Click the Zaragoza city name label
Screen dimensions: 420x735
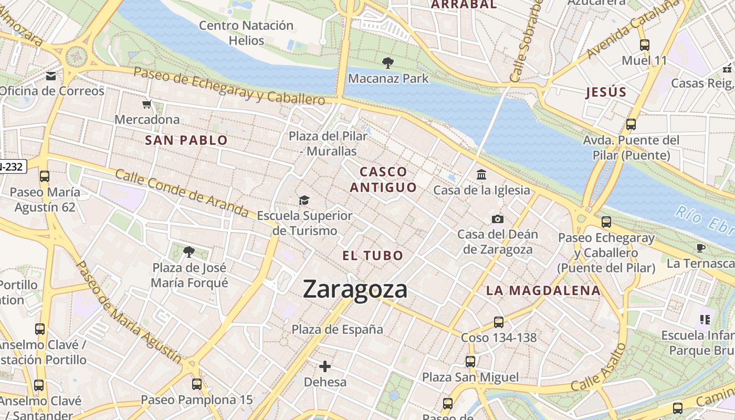coord(355,289)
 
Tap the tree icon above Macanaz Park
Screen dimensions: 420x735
coord(388,63)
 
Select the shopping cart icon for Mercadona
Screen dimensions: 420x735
coord(147,104)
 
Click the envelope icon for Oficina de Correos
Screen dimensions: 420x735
coord(51,76)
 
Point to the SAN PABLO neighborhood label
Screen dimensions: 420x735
coord(186,140)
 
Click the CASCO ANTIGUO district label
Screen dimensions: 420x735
coord(383,179)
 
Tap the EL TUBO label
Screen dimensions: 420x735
coord(373,256)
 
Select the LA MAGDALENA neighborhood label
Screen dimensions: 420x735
coord(543,290)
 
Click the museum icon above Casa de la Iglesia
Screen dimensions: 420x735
coord(481,174)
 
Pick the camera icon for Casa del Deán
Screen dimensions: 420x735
coord(498,219)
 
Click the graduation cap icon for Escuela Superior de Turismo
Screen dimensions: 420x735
coord(304,200)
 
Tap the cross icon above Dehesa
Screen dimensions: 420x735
coord(325,366)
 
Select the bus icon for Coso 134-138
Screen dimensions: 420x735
coord(499,322)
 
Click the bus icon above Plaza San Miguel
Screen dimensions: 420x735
coord(470,361)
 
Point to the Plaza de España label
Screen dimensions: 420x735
coord(337,330)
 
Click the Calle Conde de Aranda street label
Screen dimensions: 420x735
coord(181,193)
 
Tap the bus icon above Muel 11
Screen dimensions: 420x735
coord(644,45)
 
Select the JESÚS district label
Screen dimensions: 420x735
coord(606,92)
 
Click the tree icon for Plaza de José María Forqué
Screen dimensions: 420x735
coord(189,252)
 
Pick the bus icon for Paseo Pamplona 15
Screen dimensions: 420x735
coord(197,384)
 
